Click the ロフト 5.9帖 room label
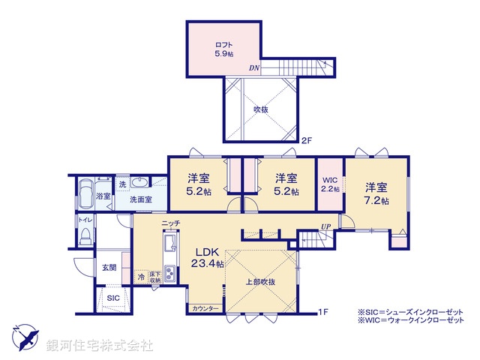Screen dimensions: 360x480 (x=223, y=49)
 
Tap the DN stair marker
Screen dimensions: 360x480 (x=255, y=67)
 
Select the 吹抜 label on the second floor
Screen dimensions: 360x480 (x=260, y=109)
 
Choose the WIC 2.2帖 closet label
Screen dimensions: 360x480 (x=331, y=184)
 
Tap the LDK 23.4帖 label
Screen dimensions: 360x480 (x=206, y=256)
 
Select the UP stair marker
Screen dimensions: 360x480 (x=325, y=226)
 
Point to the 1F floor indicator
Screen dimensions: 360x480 (x=323, y=310)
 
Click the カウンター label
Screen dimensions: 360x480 (x=205, y=309)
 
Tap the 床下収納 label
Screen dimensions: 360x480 (x=155, y=277)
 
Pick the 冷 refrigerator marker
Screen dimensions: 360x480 (x=141, y=277)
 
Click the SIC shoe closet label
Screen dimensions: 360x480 (x=112, y=298)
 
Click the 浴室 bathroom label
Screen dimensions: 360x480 (x=103, y=196)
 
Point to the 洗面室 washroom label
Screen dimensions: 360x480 (x=138, y=200)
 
